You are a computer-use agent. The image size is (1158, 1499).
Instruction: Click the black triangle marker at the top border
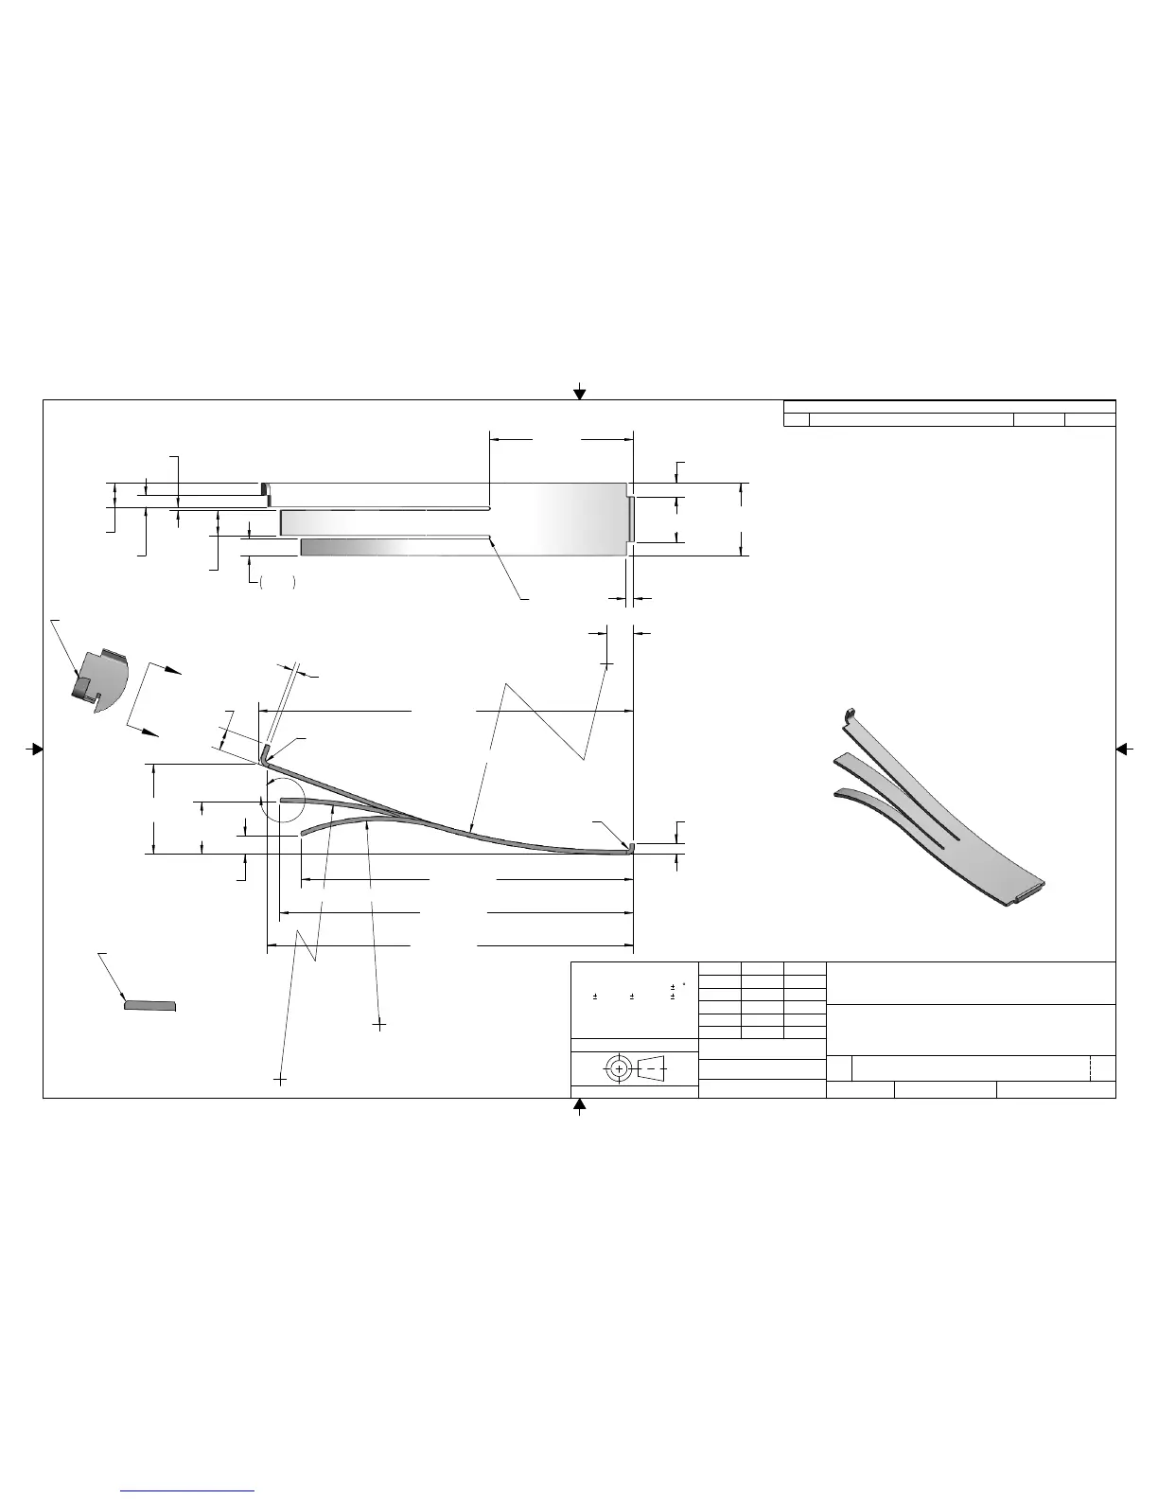[580, 393]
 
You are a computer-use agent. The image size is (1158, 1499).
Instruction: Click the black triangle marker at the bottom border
[580, 1105]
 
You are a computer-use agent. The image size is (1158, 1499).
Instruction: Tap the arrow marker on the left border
[35, 749]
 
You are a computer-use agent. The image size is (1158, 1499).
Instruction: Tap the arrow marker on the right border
[1124, 749]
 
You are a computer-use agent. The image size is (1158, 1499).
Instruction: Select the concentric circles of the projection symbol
[619, 1068]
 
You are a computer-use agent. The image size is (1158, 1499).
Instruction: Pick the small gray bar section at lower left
[150, 1005]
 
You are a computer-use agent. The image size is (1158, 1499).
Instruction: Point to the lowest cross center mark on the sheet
[280, 1078]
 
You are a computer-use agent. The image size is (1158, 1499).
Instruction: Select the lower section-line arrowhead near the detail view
[149, 732]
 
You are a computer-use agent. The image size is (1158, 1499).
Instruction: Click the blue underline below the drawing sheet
[188, 1490]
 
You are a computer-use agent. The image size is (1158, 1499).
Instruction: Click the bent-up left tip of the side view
[265, 751]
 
